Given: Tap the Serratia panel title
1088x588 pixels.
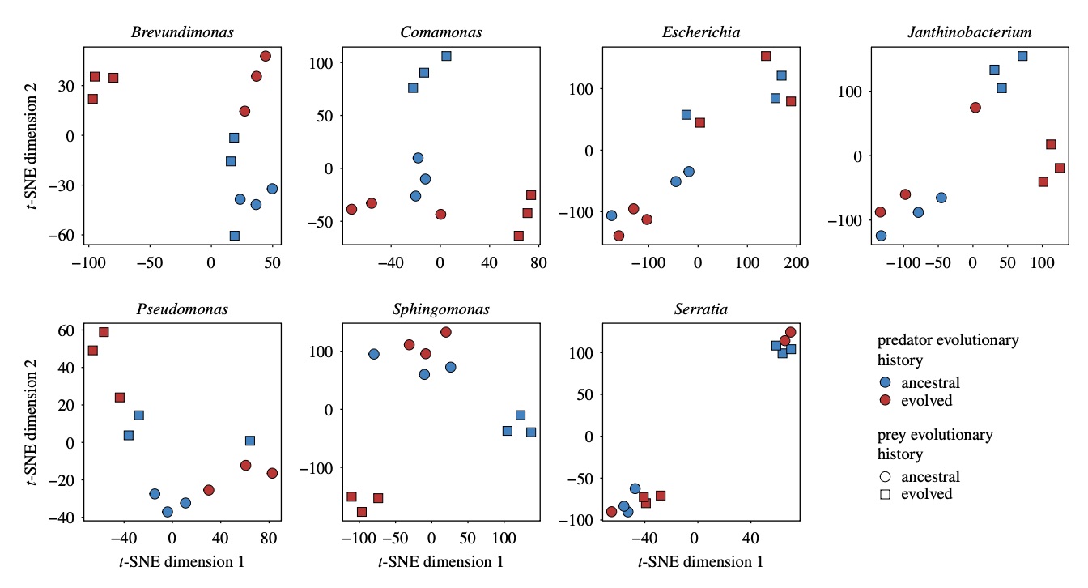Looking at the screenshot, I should tap(701, 310).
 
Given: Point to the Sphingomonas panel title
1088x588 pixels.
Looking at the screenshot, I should tap(441, 310).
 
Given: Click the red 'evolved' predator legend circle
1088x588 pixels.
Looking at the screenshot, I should tap(886, 401).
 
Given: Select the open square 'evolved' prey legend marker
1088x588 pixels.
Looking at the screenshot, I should tap(886, 494).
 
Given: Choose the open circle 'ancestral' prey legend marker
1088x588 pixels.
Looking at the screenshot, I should tap(886, 477).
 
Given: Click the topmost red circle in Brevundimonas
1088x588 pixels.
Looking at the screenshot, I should tap(266, 56).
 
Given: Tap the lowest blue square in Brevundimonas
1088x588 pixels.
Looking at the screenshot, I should tap(234, 236).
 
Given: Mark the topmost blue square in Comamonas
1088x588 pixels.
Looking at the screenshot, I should tap(446, 56).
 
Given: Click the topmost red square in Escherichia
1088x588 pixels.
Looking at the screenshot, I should tap(766, 56).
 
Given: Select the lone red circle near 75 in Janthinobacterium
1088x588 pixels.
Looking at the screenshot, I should tap(975, 108).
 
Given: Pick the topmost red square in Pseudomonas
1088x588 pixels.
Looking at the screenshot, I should tap(104, 332).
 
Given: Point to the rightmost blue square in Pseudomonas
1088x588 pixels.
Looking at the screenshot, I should tap(250, 441).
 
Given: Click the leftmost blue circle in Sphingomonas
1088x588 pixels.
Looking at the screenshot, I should tap(374, 354).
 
